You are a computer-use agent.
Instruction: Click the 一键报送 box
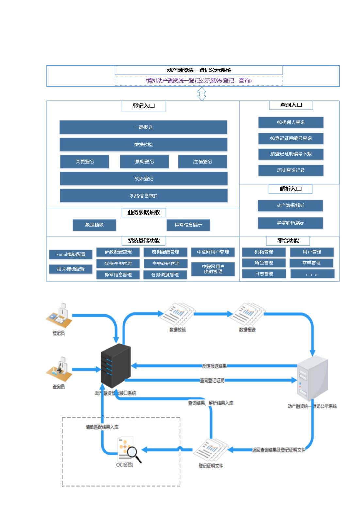pos(143,127)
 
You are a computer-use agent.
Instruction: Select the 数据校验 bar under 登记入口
pos(143,145)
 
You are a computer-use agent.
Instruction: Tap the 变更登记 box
pos(85,162)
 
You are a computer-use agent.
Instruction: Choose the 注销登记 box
pos(202,162)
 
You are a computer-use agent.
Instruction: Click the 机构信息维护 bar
pos(144,196)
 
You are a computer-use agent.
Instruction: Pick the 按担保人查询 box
pos(291,122)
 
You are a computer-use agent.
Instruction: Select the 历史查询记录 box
pos(291,170)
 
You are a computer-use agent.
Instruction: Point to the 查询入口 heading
pos(291,105)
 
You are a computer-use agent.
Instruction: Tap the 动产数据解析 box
pos(290,205)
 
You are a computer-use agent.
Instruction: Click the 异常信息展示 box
pos(188,225)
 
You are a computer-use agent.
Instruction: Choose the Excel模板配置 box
pos(71,255)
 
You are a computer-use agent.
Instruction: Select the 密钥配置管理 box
pos(165,252)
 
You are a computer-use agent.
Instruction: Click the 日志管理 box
pos(264,274)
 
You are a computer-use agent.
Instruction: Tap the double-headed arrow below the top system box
pos(202,94)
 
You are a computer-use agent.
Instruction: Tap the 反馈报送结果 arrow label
pos(214,366)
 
